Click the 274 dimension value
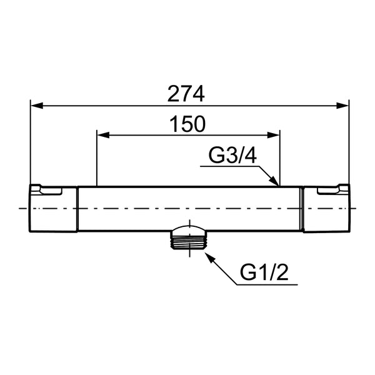pos(186,94)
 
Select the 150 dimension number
pos(187,124)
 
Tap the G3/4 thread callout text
pos(232,155)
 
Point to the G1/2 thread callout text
pos(264,273)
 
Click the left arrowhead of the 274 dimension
pos(37,106)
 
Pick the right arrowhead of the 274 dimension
pos(342,106)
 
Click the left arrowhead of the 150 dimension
pos(103,135)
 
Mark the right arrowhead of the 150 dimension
pos(273,135)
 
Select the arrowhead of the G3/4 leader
pos(275,181)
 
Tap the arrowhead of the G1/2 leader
pos(210,257)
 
